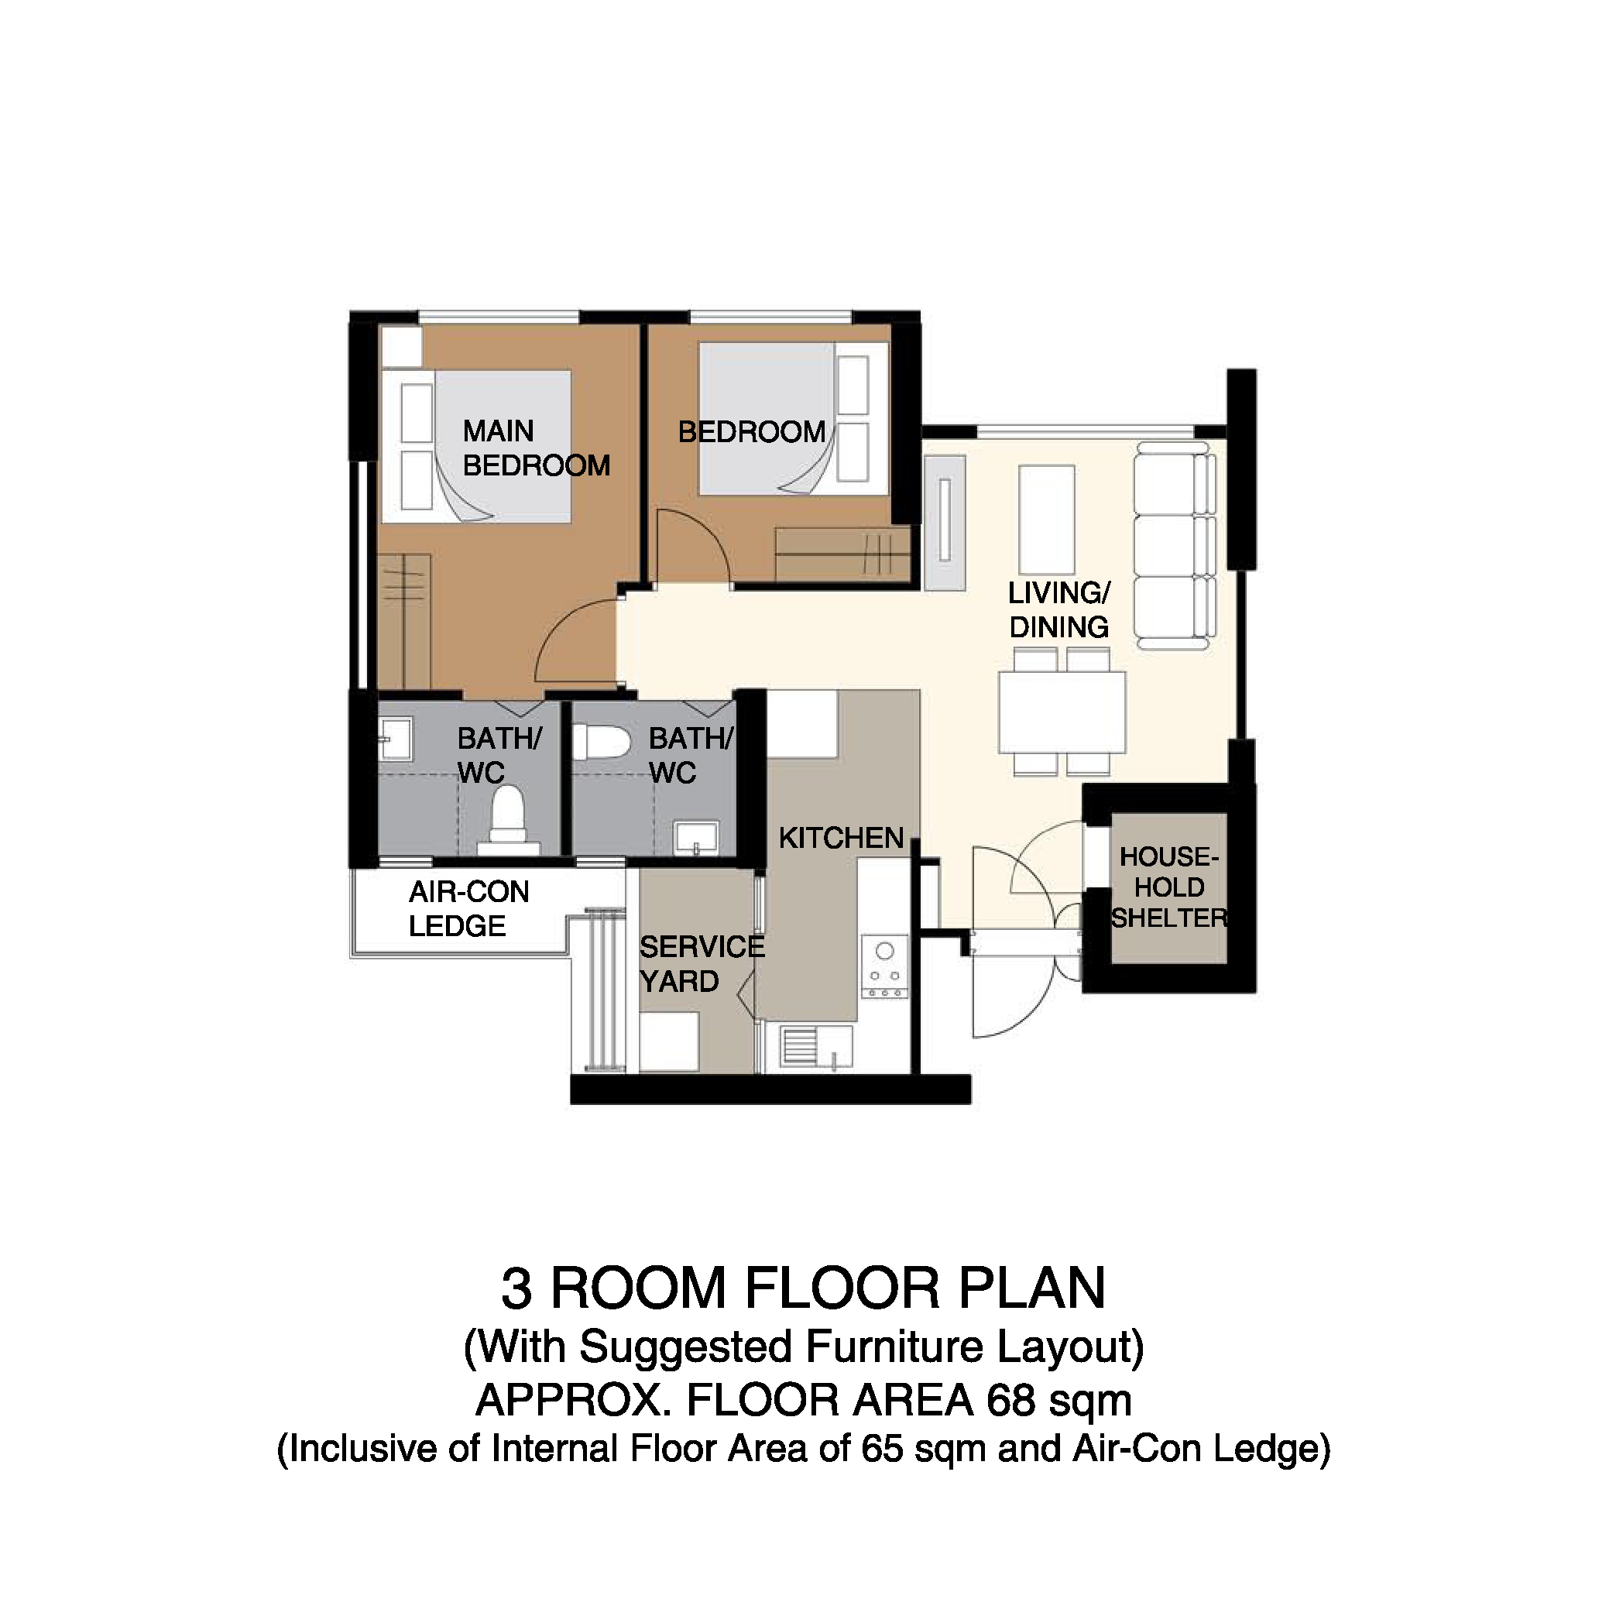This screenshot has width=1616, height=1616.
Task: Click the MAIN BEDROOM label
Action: [x=536, y=448]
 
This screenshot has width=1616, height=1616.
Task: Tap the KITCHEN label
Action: [x=842, y=837]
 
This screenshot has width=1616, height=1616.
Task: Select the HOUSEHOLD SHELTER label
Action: [x=1168, y=887]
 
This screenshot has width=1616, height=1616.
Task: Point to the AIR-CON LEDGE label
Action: [x=468, y=909]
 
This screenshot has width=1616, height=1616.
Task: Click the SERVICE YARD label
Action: [x=702, y=963]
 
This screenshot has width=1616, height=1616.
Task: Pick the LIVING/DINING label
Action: [x=1059, y=609]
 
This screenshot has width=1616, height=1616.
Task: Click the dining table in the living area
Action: [x=1062, y=712]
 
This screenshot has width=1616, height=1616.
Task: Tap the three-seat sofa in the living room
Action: [x=1175, y=547]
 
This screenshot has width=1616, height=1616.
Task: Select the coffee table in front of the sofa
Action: [x=1047, y=520]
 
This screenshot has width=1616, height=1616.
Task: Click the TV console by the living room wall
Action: [x=945, y=522]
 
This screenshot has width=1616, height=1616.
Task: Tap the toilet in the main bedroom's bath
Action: [x=508, y=821]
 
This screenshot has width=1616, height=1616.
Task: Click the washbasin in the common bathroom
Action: [x=696, y=838]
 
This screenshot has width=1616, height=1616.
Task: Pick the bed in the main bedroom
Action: [x=476, y=447]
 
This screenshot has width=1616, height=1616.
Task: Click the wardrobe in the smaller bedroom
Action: [x=842, y=554]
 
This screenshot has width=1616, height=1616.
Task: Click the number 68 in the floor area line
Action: [x=1010, y=1400]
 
